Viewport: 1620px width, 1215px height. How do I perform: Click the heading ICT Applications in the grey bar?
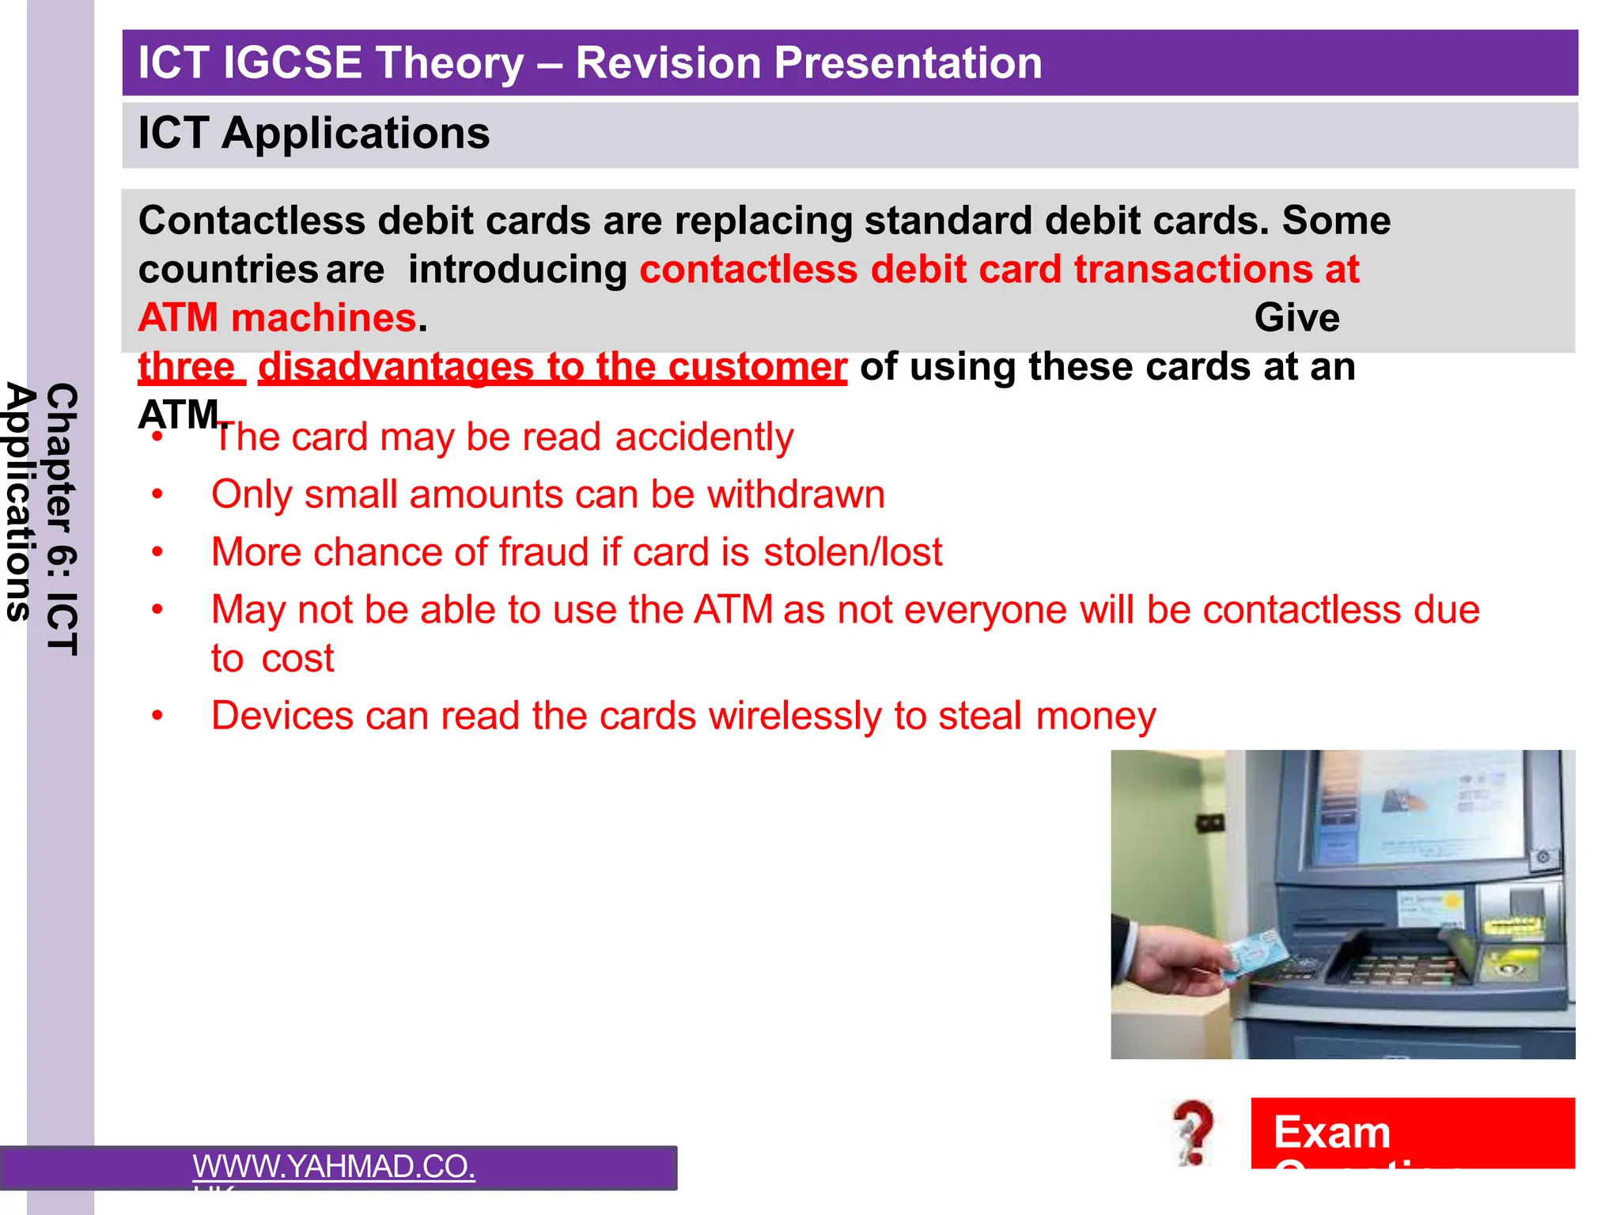pyautogui.click(x=313, y=133)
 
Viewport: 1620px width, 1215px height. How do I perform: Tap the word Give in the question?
pyautogui.click(x=1296, y=318)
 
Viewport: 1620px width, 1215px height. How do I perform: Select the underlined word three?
pyautogui.click(x=187, y=367)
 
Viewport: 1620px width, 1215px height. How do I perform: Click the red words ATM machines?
pyautogui.click(x=277, y=318)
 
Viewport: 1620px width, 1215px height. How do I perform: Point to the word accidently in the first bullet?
pyautogui.click(x=704, y=437)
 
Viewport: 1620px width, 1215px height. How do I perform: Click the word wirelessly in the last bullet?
pyautogui.click(x=794, y=717)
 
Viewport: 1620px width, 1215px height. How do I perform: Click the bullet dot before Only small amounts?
pyautogui.click(x=157, y=495)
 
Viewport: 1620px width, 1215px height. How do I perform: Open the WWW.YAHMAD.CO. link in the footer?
pyautogui.click(x=333, y=1167)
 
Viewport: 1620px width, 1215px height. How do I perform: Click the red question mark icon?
pyautogui.click(x=1194, y=1131)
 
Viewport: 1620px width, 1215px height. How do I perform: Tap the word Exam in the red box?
pyautogui.click(x=1332, y=1132)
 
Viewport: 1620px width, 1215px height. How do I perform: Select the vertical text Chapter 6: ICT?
pyautogui.click(x=62, y=519)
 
